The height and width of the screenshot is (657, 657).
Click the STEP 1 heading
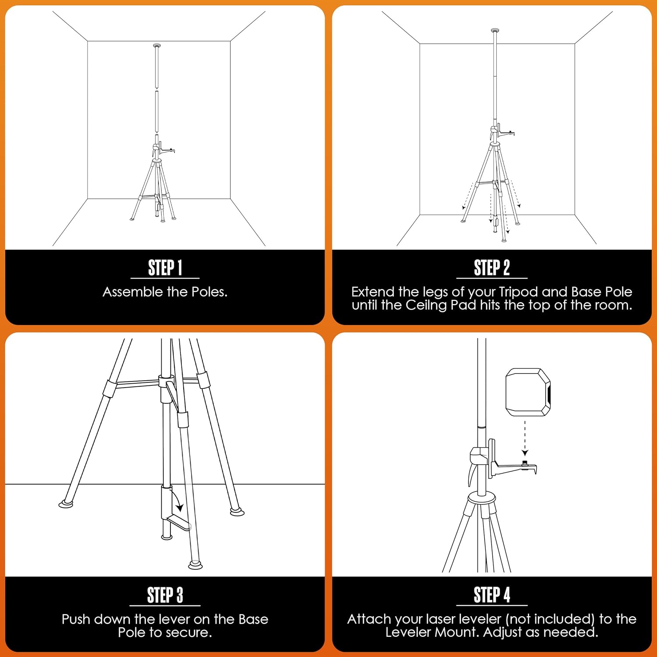tap(165, 268)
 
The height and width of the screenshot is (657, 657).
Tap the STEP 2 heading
tap(491, 268)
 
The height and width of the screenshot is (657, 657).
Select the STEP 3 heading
tap(165, 595)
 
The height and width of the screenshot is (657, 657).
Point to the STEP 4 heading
tap(491, 595)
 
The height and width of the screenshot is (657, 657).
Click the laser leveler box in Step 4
tap(528, 392)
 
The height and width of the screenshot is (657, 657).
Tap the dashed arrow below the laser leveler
tap(525, 438)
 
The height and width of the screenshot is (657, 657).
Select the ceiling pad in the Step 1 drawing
tap(157, 46)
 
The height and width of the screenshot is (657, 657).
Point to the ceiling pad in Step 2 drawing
tap(495, 31)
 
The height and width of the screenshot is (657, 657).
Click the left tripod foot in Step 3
tap(66, 504)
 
